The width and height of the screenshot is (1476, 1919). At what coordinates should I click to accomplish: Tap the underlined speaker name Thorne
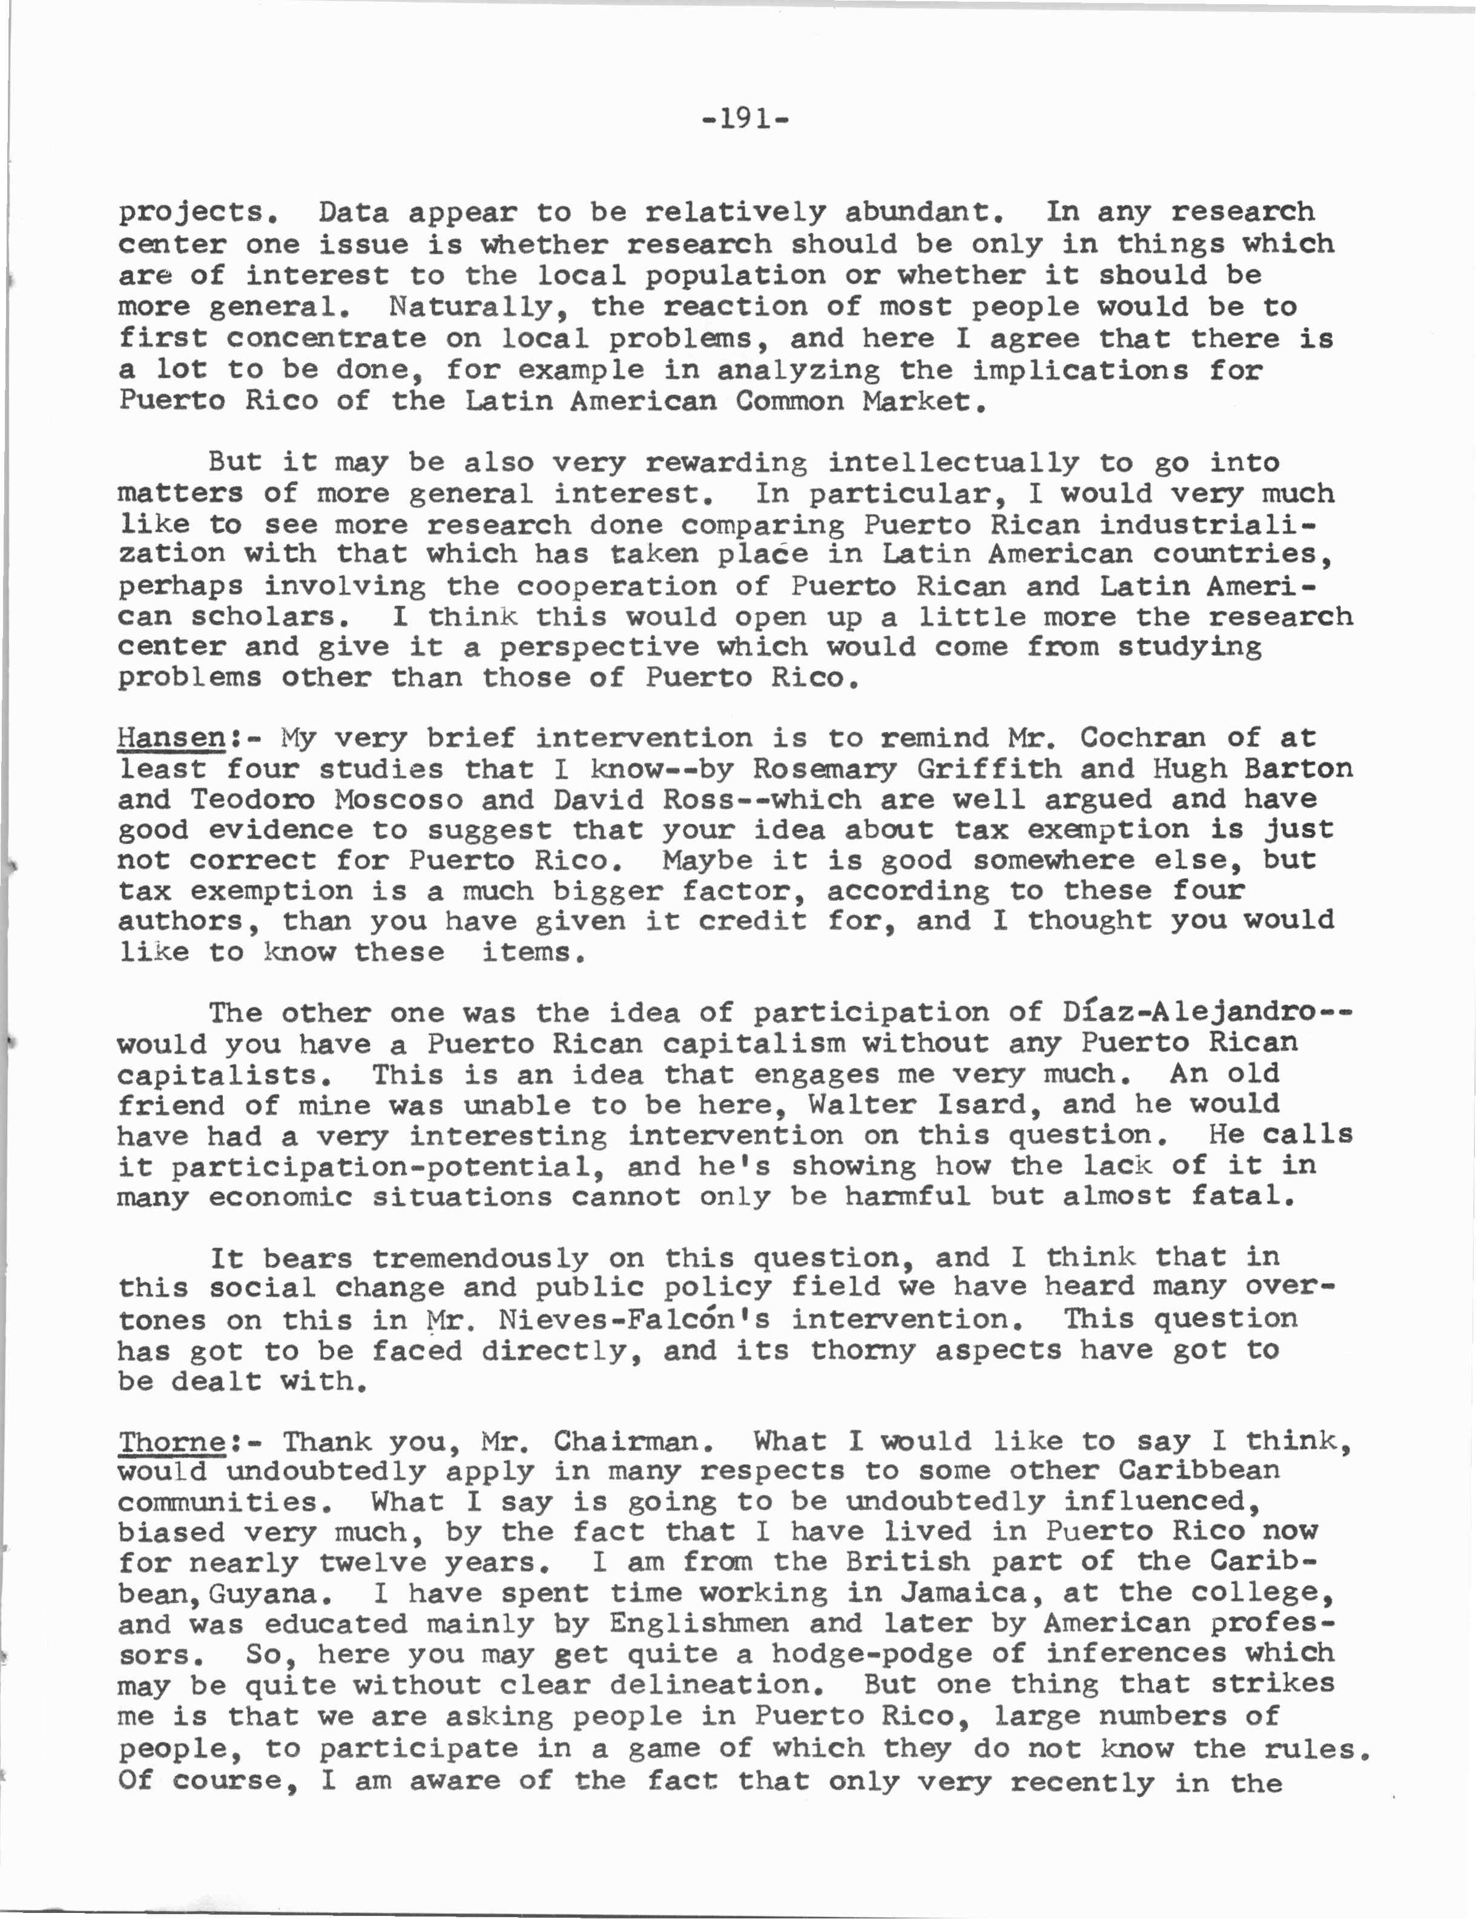[x=172, y=1442]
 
